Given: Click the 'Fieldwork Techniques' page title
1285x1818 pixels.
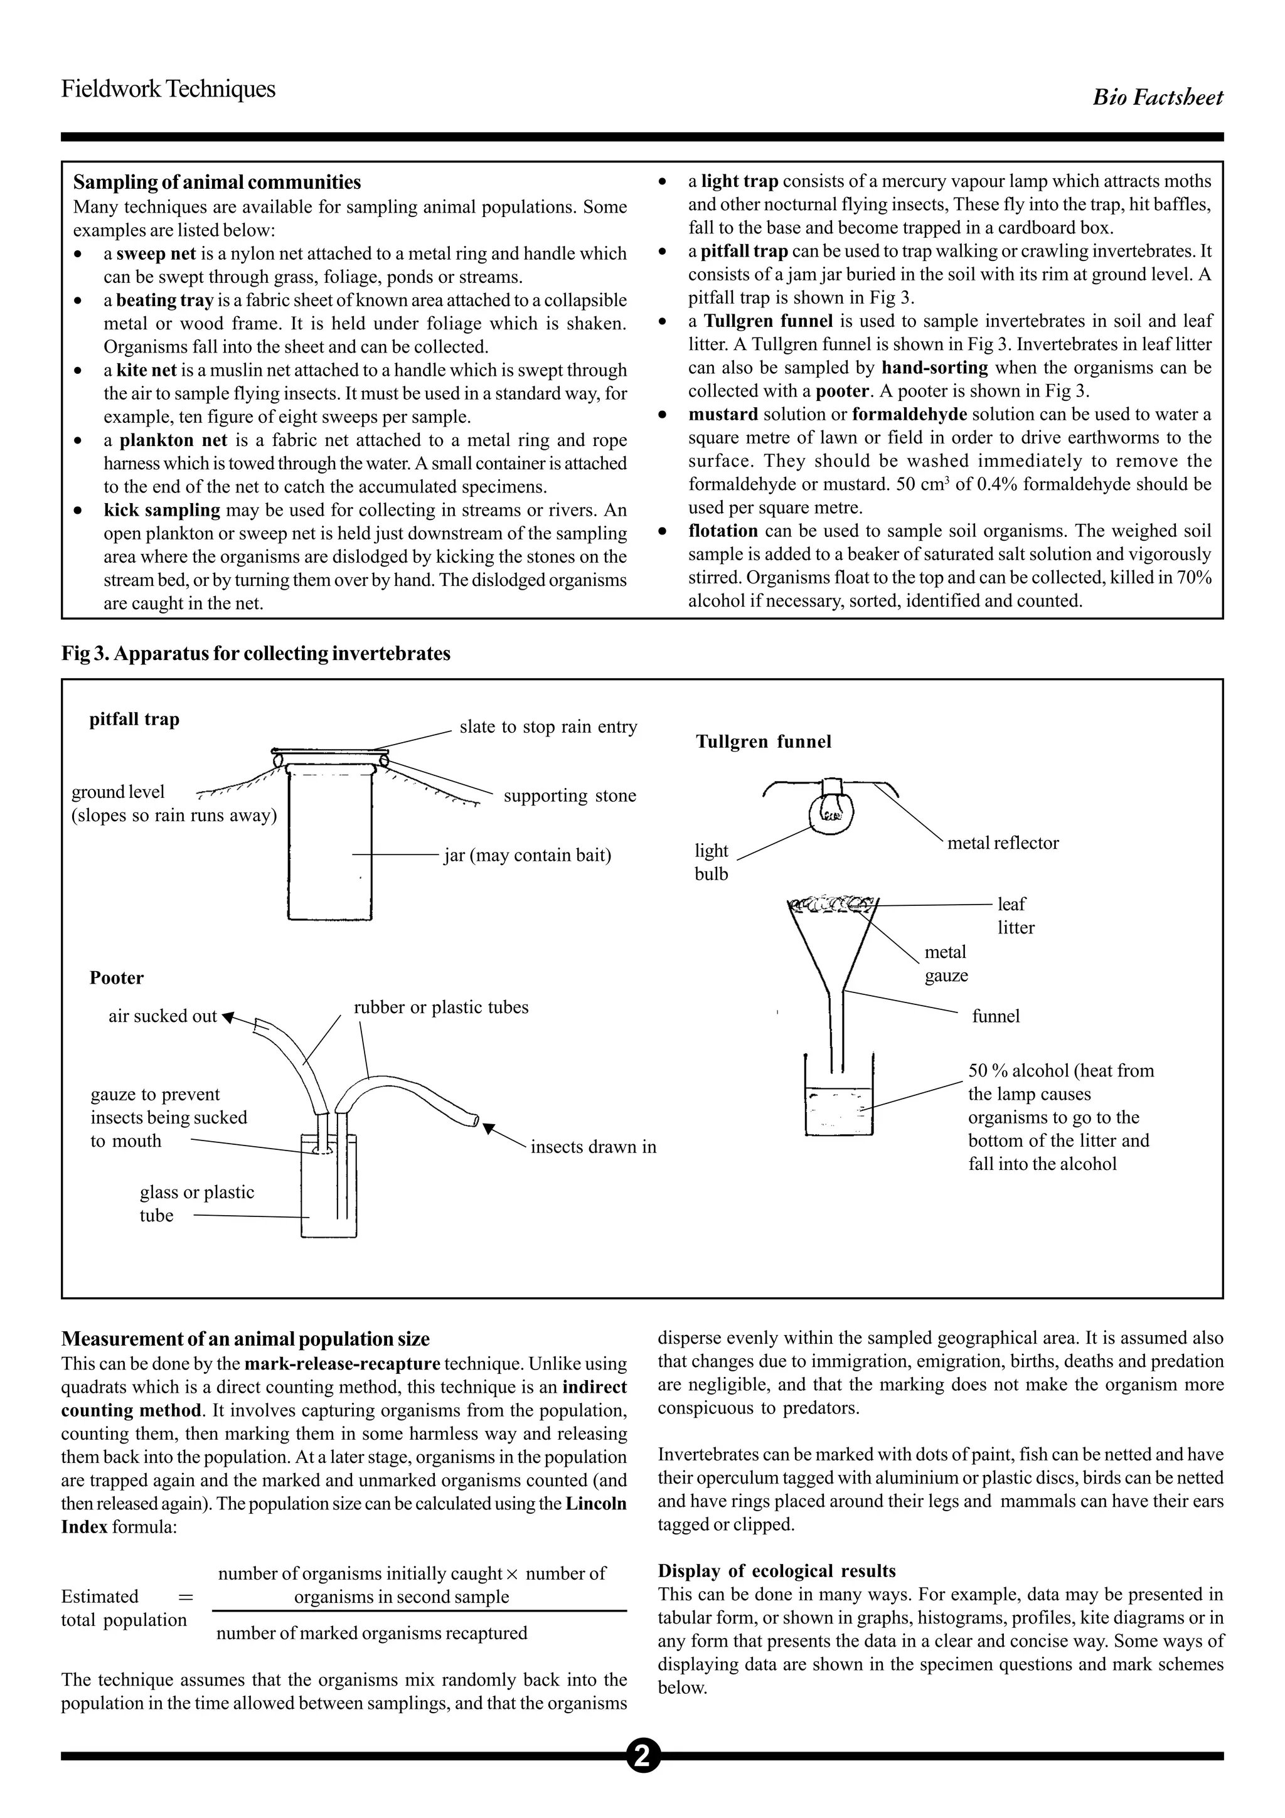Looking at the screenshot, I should [168, 88].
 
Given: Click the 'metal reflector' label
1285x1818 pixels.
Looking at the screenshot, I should [1003, 843].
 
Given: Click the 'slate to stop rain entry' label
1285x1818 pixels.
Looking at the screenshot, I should [548, 727].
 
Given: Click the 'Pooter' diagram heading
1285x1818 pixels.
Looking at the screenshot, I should [116, 978].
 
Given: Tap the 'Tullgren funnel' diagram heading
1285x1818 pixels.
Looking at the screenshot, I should [763, 742].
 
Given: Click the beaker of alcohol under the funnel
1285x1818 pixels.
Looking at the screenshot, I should [838, 1107].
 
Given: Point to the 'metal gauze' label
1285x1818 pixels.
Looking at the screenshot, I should [946, 964].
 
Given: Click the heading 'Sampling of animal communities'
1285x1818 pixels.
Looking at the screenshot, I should [217, 182].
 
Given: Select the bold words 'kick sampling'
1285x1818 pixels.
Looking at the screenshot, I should [161, 510].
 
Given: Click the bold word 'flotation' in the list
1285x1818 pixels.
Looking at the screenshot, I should [722, 531].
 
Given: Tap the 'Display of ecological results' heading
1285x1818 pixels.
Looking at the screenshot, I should [776, 1571].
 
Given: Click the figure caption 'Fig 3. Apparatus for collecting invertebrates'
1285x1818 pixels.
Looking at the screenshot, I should [256, 653].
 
